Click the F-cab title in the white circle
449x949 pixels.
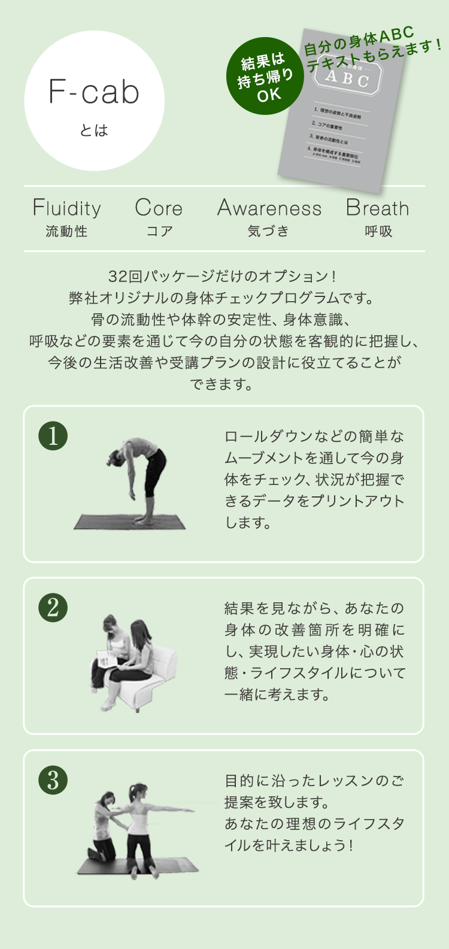point(94,92)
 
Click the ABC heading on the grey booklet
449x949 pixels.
point(347,77)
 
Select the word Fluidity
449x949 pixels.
point(66,208)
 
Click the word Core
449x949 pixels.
point(159,208)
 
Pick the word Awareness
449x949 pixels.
point(269,208)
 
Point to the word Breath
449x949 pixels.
point(377,208)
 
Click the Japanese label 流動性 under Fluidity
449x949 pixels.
point(66,232)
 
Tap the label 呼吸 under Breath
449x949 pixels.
point(378,232)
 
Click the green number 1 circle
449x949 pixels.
point(53,436)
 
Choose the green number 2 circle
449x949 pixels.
point(53,608)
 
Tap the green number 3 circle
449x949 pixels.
point(53,780)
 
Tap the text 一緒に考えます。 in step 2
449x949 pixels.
point(277,695)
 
